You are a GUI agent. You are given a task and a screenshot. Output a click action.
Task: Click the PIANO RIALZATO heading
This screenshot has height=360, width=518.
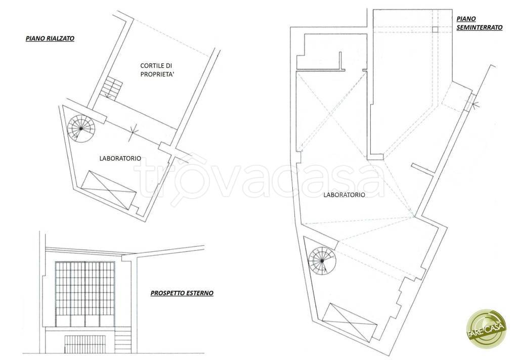pyautogui.click(x=50, y=38)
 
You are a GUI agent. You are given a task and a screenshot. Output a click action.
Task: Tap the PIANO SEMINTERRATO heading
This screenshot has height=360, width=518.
pyautogui.click(x=480, y=23)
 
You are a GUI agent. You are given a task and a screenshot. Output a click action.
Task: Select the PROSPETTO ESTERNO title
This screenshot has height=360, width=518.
pyautogui.click(x=182, y=293)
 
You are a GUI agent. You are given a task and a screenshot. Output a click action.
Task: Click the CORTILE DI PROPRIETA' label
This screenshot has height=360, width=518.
pyautogui.click(x=156, y=70)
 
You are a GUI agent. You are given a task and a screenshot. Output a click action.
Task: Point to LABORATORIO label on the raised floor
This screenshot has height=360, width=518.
pyautogui.click(x=120, y=159)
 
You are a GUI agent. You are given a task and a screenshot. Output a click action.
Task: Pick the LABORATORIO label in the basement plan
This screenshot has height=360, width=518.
pyautogui.click(x=344, y=195)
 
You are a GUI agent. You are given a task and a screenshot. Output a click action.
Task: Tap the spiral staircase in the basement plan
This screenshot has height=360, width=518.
pyautogui.click(x=322, y=261)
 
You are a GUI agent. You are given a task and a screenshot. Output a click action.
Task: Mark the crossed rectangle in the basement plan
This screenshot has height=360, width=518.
pyautogui.click(x=350, y=323)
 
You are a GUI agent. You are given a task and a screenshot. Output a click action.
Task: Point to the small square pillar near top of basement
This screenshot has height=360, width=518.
pyautogui.click(x=435, y=29)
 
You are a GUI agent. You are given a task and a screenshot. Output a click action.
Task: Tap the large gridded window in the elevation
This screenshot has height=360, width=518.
pyautogui.click(x=85, y=289)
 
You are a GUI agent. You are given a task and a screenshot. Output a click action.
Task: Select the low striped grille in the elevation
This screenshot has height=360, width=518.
pyautogui.click(x=84, y=343)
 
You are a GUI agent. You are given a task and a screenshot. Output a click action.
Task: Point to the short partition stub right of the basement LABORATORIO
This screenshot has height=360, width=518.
pyautogui.click(x=423, y=168)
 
